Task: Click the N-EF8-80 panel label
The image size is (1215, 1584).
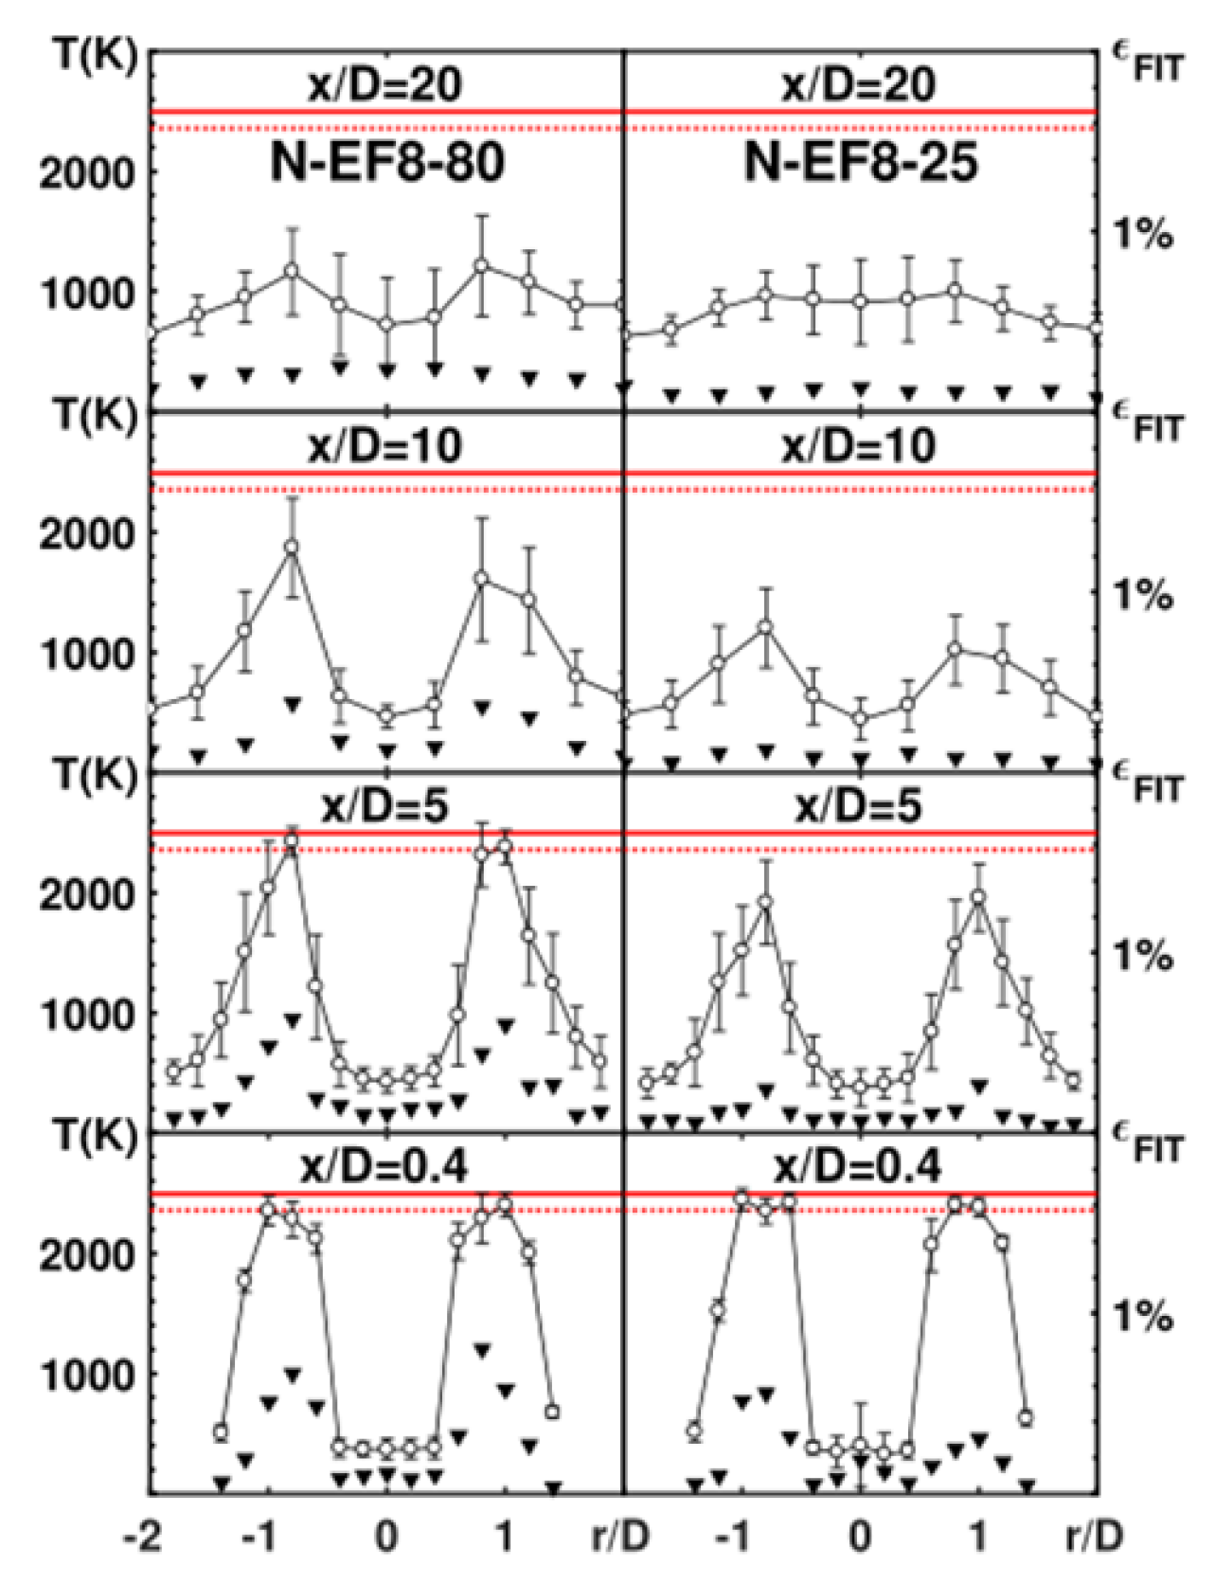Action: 387,163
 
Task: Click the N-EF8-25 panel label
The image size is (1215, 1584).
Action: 860,163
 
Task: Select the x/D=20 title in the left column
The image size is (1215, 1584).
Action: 385,85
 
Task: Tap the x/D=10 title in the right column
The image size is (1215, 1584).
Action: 858,446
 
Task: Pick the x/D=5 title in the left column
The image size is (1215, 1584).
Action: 385,807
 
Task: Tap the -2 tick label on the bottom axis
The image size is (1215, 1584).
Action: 143,1537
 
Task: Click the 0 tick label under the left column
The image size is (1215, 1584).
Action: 386,1537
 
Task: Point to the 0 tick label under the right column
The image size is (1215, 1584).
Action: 860,1537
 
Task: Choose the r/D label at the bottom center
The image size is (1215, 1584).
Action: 620,1537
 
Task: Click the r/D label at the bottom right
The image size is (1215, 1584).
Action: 1094,1537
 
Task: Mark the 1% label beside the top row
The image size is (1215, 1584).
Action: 1143,234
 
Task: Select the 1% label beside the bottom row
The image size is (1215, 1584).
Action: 1143,1316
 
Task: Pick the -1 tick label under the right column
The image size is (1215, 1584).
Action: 735,1537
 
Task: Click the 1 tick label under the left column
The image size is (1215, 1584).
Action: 505,1537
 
